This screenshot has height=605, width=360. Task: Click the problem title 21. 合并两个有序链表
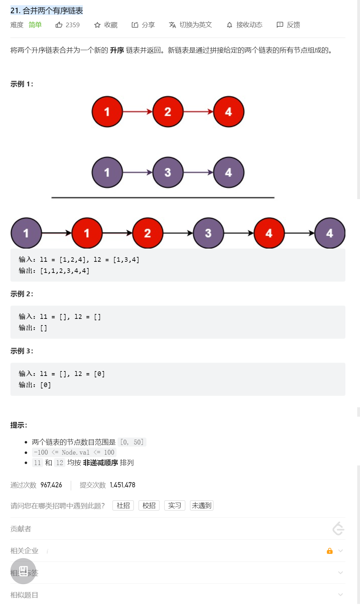click(47, 11)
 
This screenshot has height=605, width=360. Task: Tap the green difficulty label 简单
click(35, 25)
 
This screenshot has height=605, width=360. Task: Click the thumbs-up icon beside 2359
click(59, 25)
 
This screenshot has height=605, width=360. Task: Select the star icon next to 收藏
click(97, 25)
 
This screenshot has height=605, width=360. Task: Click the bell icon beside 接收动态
click(230, 25)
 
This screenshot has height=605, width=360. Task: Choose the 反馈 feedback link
click(288, 25)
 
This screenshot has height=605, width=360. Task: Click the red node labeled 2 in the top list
click(168, 112)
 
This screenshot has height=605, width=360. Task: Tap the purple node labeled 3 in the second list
click(168, 172)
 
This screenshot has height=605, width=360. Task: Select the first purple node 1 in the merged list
click(26, 233)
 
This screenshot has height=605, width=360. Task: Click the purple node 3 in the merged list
click(208, 233)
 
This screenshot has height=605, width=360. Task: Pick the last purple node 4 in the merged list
click(329, 233)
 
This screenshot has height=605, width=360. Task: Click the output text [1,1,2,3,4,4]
click(65, 271)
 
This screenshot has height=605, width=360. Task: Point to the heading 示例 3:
click(22, 351)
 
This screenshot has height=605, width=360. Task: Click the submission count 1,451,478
click(122, 485)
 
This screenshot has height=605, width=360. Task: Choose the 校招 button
click(149, 505)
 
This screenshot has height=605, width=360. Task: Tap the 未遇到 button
click(202, 505)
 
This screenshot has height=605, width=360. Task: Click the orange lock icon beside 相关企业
click(329, 551)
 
